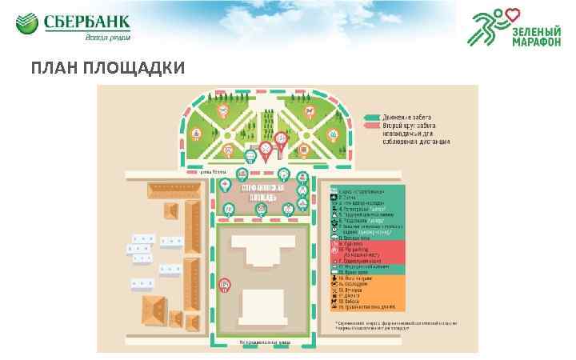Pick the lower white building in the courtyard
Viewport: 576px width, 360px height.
263,307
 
